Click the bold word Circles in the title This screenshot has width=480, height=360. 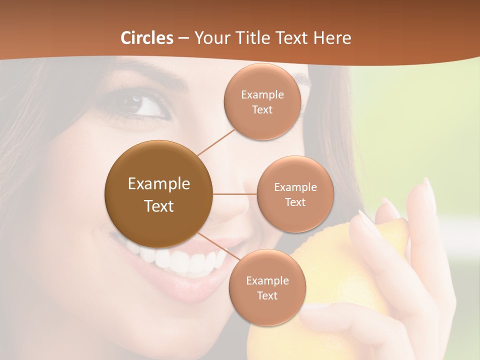[x=147, y=38]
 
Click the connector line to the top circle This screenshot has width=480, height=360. [x=216, y=141]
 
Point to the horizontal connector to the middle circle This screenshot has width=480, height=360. [x=235, y=194]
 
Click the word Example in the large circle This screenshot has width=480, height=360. [x=158, y=184]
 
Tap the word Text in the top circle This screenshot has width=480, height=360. [x=262, y=110]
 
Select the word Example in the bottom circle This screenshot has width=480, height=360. [x=267, y=281]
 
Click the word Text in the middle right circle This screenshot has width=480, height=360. [x=295, y=202]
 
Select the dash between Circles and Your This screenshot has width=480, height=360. [x=183, y=38]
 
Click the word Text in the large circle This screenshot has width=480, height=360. [x=158, y=206]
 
